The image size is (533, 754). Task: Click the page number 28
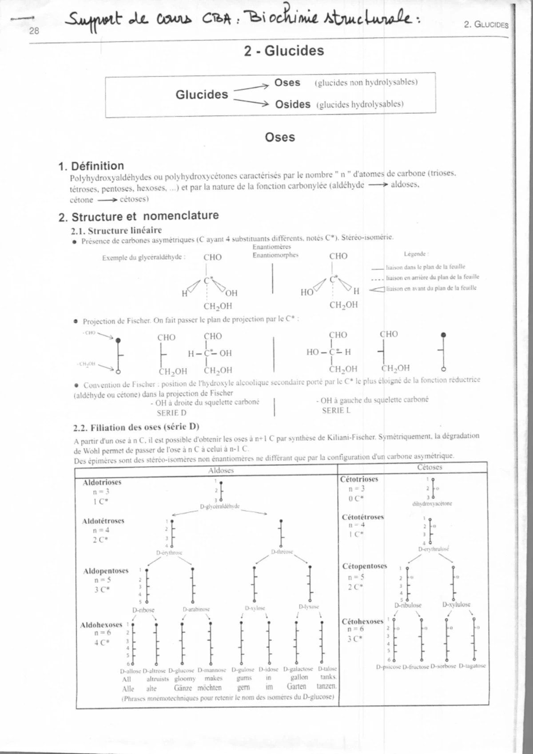point(34,31)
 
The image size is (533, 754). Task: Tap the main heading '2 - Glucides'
point(284,51)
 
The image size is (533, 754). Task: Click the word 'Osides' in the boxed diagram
point(292,104)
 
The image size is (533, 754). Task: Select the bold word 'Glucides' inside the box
point(202,94)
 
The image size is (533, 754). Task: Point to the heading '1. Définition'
point(91,166)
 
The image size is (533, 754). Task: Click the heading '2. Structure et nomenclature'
point(139,216)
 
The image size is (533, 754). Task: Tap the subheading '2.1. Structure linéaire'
point(116,230)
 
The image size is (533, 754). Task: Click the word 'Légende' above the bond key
point(416,254)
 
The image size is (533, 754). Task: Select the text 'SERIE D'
point(171,413)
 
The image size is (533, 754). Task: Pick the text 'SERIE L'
point(336,411)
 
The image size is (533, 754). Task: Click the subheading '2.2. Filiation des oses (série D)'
point(136,428)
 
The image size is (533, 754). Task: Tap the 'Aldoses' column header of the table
point(221,470)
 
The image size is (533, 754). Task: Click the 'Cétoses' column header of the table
point(430,467)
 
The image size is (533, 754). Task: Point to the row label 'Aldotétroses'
point(103,521)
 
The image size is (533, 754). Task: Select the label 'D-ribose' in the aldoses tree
point(143,610)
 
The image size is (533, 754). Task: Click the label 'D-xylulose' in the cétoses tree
point(456,604)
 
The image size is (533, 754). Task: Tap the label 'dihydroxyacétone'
point(432,504)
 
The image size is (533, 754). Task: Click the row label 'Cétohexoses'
point(362,621)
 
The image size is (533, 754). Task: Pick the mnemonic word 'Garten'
point(296,687)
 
